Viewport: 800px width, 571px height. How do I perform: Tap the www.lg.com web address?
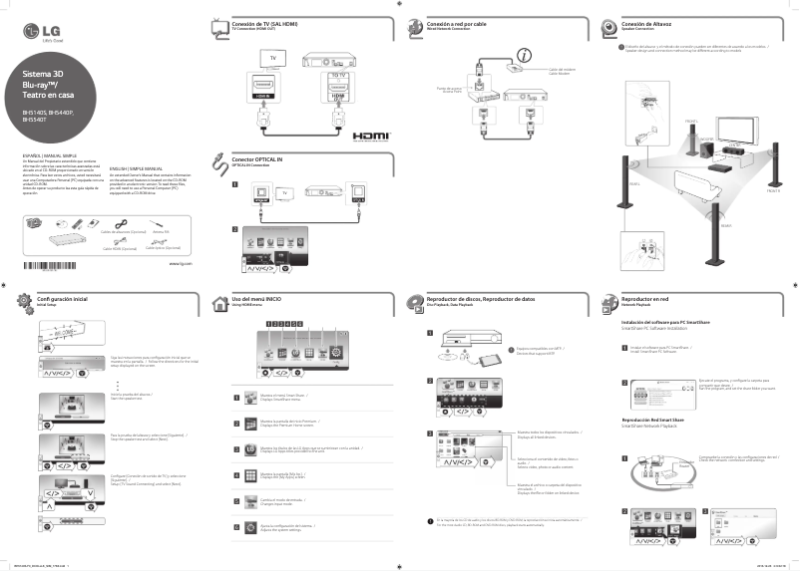click(180, 264)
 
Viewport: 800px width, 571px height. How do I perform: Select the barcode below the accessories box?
click(49, 264)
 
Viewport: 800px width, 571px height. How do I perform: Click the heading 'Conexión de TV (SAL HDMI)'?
click(265, 22)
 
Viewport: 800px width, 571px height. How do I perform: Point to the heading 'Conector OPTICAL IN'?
click(258, 159)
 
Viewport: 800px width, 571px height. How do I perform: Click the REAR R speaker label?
click(711, 225)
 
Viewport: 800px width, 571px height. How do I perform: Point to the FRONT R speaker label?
click(773, 189)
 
